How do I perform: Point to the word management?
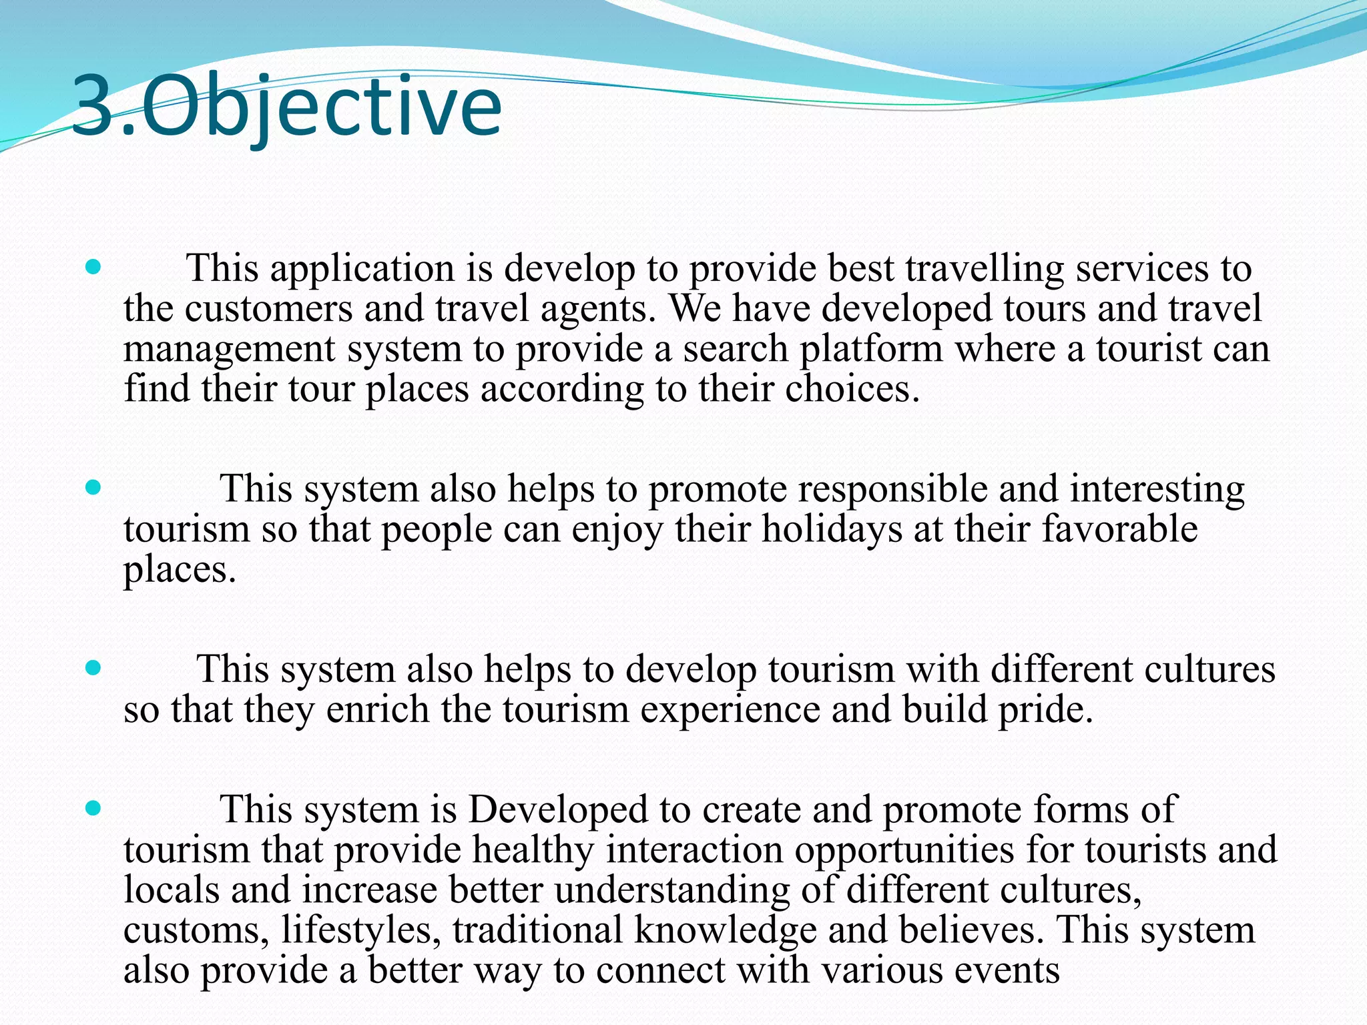tap(228, 350)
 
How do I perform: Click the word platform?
tap(871, 350)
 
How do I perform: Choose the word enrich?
tap(377, 709)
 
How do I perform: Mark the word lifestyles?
tap(357, 930)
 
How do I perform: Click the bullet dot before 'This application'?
tap(93, 268)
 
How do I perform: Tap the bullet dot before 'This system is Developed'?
tap(93, 809)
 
